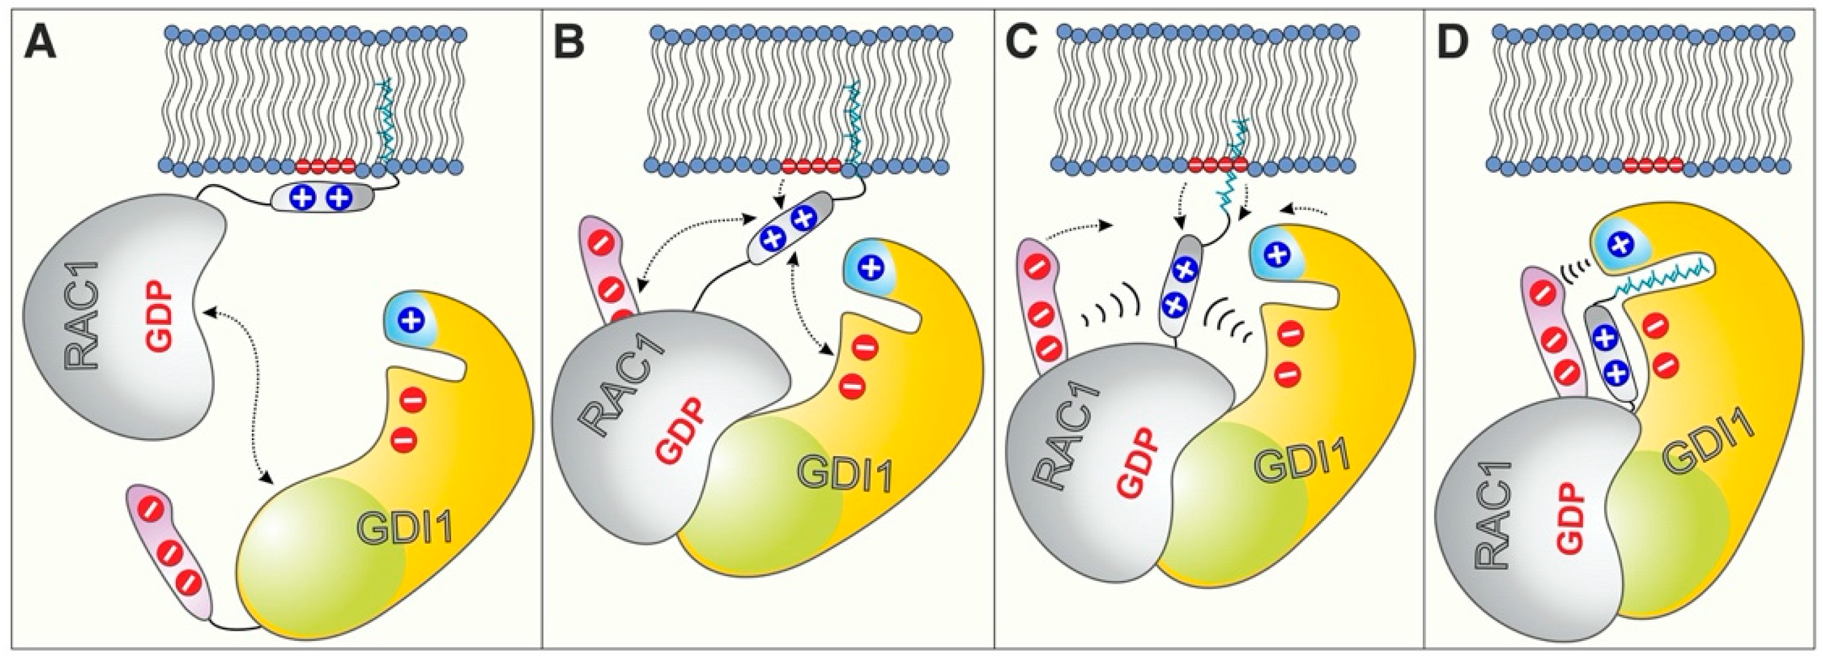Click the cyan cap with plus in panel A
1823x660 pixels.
(x=409, y=321)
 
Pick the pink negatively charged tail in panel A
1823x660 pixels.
(x=170, y=551)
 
